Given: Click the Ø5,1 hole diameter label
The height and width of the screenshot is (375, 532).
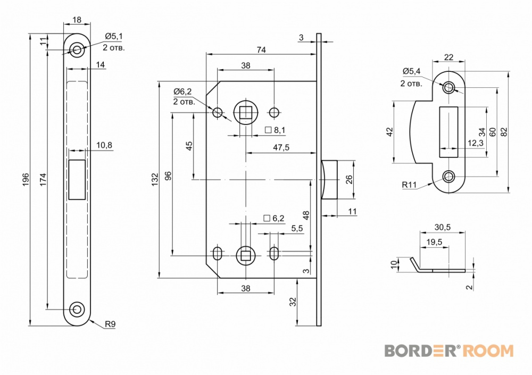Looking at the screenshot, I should coord(114,36).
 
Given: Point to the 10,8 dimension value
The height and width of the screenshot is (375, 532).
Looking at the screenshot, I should coord(104,145).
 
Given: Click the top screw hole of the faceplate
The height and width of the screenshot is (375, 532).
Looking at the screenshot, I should coord(77,51).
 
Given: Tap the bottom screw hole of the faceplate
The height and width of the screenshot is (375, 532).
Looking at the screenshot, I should coord(77,309).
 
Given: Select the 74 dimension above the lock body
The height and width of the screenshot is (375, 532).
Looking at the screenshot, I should coord(261,49).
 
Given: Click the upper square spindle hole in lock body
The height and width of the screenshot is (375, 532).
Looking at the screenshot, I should coord(245,112).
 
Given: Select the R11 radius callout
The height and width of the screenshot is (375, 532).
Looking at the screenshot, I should coord(409,185).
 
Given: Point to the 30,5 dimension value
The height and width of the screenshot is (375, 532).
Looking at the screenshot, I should coord(443,227).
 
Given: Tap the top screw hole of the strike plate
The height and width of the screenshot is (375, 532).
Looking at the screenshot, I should coord(450,87).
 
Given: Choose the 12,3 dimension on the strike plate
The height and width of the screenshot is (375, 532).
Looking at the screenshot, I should coord(475,143).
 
